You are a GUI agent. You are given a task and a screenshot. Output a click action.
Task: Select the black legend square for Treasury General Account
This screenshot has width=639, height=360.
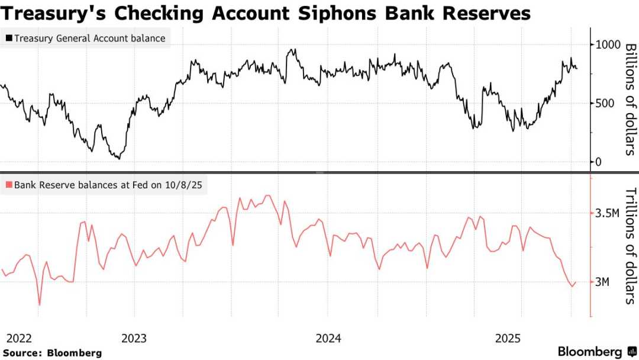pos(8,39)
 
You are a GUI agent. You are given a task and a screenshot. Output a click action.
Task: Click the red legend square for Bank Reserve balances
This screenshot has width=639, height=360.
pos(8,185)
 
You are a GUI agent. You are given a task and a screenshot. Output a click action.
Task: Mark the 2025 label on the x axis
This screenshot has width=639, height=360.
pos(508,338)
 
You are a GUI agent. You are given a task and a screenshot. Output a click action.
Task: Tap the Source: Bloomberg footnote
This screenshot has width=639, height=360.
pos(52,353)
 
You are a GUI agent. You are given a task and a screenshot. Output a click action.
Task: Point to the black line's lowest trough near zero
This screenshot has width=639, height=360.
pos(118,159)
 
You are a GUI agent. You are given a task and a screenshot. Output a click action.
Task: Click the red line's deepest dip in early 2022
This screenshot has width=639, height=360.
pos(40,305)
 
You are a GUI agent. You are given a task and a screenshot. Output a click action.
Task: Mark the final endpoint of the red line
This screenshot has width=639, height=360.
pos(576,282)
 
